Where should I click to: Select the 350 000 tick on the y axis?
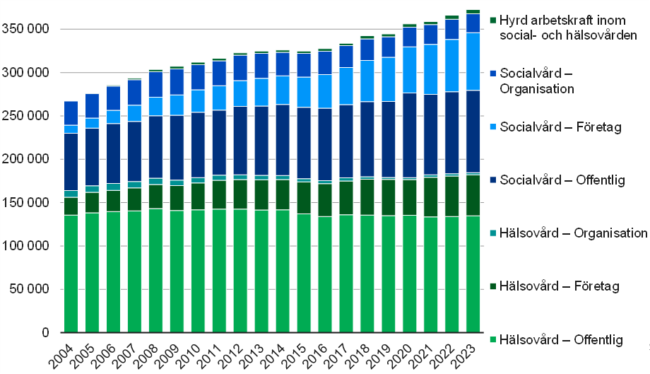pos(25,30)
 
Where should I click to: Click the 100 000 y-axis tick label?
pos(25,246)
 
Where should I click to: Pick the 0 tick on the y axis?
pos(45,332)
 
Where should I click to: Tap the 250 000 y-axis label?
pos(25,117)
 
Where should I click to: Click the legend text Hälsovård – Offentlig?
pos(561,341)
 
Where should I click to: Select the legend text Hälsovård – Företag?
pos(559,286)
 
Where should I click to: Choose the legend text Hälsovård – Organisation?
pos(573,233)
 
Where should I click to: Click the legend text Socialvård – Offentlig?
pos(562,180)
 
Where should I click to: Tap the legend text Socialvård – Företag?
pos(560,127)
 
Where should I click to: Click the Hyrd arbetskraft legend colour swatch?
pos(493,20)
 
